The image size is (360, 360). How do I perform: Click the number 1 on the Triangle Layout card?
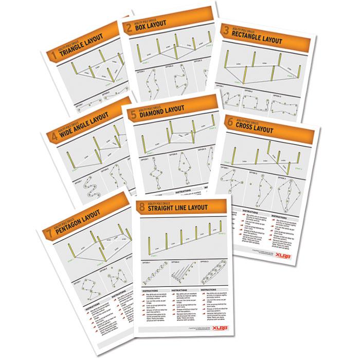[x=52, y=55]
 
